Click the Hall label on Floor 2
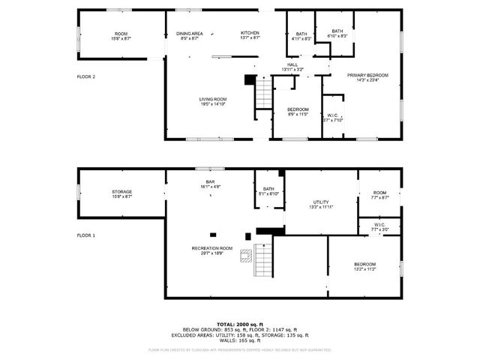(292, 67)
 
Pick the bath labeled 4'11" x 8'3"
(301, 35)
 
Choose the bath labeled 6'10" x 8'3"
(337, 33)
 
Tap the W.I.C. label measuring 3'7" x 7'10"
(332, 117)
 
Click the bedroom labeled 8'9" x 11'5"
(298, 112)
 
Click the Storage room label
(121, 194)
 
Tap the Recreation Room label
(211, 250)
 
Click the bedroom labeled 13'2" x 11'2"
(364, 266)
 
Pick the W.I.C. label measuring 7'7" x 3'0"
(379, 226)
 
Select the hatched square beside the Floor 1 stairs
(246, 256)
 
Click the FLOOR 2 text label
(86, 76)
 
